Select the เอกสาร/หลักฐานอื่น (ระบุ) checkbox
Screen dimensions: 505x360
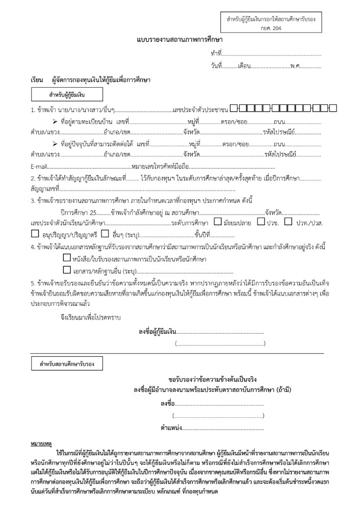tap(67, 271)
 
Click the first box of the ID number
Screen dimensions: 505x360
tap(234, 108)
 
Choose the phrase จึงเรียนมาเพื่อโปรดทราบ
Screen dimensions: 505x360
tap(89, 317)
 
